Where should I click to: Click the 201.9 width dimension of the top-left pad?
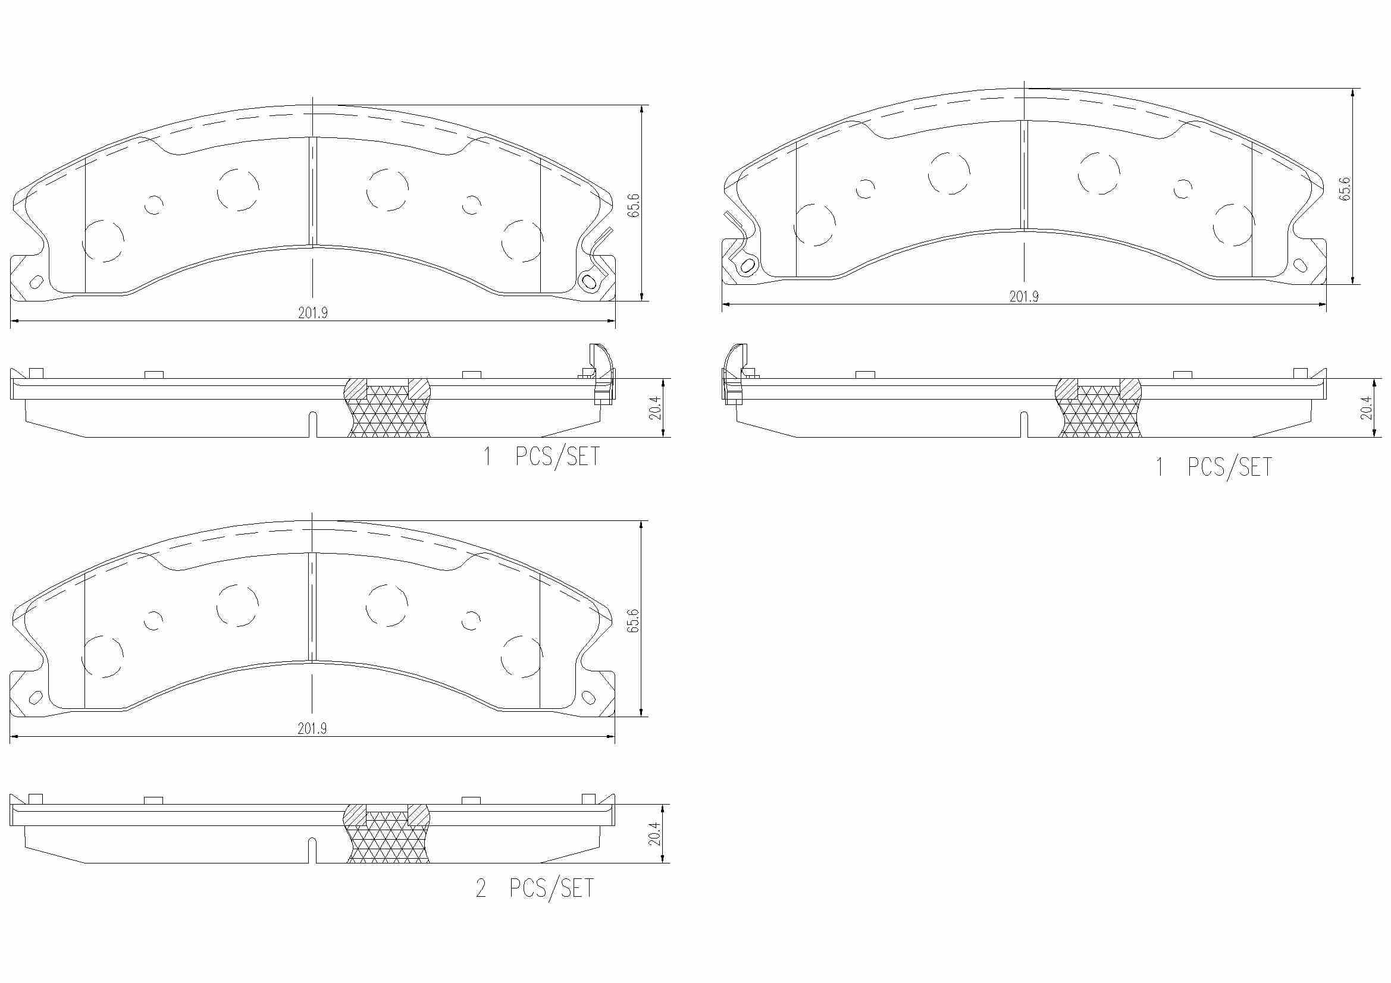pyautogui.click(x=312, y=313)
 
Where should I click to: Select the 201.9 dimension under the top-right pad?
pyautogui.click(x=1024, y=296)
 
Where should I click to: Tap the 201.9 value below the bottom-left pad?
pyautogui.click(x=312, y=728)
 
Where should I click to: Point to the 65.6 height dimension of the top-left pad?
pyautogui.click(x=634, y=205)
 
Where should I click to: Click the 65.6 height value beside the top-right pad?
pyautogui.click(x=1345, y=189)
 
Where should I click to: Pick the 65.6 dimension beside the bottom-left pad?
pyautogui.click(x=634, y=621)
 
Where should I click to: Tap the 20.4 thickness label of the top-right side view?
pyautogui.click(x=1365, y=407)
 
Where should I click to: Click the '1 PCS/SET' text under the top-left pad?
pyautogui.click(x=541, y=456)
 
